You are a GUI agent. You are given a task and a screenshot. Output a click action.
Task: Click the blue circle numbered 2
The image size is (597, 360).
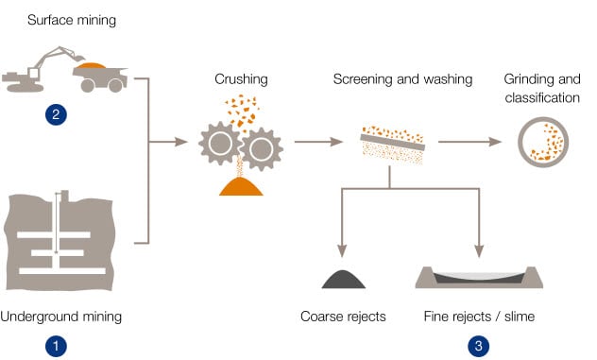[56, 114]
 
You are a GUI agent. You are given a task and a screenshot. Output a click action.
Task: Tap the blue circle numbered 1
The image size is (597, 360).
[56, 346]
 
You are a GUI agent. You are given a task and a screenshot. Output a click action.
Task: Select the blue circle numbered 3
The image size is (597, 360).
[479, 346]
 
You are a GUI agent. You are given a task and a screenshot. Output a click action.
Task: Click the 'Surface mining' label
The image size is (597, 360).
[72, 20]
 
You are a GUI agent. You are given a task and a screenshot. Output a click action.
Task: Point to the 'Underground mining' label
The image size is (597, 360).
[60, 317]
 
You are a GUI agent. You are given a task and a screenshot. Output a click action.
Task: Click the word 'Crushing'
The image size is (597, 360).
[241, 79]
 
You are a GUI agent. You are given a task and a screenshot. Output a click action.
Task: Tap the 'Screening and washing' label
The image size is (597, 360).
[402, 79]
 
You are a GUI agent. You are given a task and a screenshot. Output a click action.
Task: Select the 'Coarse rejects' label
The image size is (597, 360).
[343, 317]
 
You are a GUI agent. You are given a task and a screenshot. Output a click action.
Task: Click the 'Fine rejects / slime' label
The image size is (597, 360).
[479, 317]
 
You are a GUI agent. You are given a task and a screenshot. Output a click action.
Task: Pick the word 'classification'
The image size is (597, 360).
[542, 98]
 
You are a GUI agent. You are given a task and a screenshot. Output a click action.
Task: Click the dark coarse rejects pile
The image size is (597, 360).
[344, 280]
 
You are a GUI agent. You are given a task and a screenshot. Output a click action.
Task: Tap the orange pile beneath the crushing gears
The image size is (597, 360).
[241, 187]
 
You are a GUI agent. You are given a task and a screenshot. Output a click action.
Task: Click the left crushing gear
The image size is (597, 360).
[220, 144]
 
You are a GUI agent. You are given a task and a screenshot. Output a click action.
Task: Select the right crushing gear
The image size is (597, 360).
[261, 149]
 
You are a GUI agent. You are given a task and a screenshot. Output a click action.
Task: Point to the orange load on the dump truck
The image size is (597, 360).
[91, 65]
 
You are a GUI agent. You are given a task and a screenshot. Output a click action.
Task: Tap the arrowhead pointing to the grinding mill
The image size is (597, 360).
[495, 142]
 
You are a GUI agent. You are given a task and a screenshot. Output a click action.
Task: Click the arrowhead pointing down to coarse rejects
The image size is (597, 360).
[342, 250]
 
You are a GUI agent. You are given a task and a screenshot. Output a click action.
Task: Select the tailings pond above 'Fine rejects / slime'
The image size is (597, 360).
[479, 277]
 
